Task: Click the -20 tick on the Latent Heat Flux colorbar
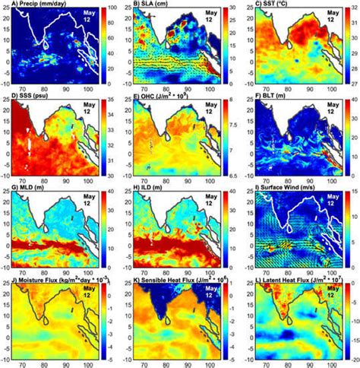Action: click(350, 357)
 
